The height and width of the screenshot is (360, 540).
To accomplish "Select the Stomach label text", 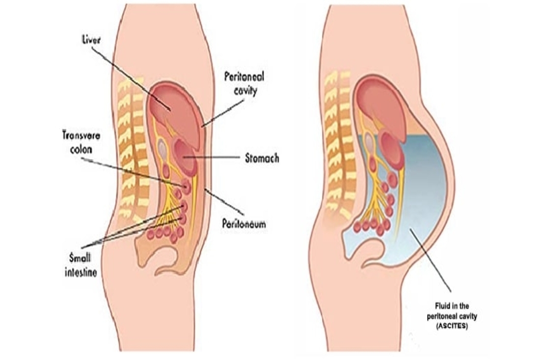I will pos(262,158).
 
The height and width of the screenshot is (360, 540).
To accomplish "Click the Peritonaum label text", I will pos(243,224).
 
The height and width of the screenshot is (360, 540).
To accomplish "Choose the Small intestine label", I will pos(83,264).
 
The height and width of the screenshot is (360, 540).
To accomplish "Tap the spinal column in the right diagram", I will pos(339,142).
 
